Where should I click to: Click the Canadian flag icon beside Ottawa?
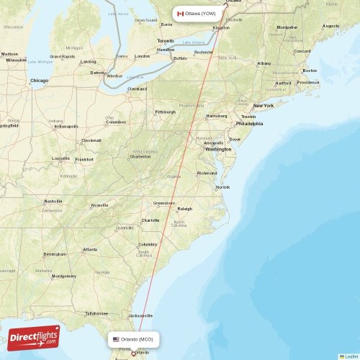[x=180, y=14]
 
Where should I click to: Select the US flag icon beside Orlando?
[x=116, y=338]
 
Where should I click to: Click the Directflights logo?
[x=35, y=336]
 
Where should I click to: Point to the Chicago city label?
[x=39, y=81]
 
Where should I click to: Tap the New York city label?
[x=263, y=106]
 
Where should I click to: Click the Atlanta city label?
[x=90, y=249]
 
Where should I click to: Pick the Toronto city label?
[x=166, y=41]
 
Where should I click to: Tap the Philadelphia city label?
[x=249, y=123]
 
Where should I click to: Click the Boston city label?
[x=310, y=71]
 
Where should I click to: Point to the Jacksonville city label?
[x=140, y=315]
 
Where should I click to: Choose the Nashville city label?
[x=53, y=201]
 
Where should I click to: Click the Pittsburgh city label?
[x=165, y=112]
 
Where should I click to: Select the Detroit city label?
[x=97, y=73]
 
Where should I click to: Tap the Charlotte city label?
[x=150, y=220]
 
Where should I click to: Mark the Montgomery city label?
[x=63, y=276]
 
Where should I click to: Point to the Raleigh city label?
[x=185, y=209]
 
